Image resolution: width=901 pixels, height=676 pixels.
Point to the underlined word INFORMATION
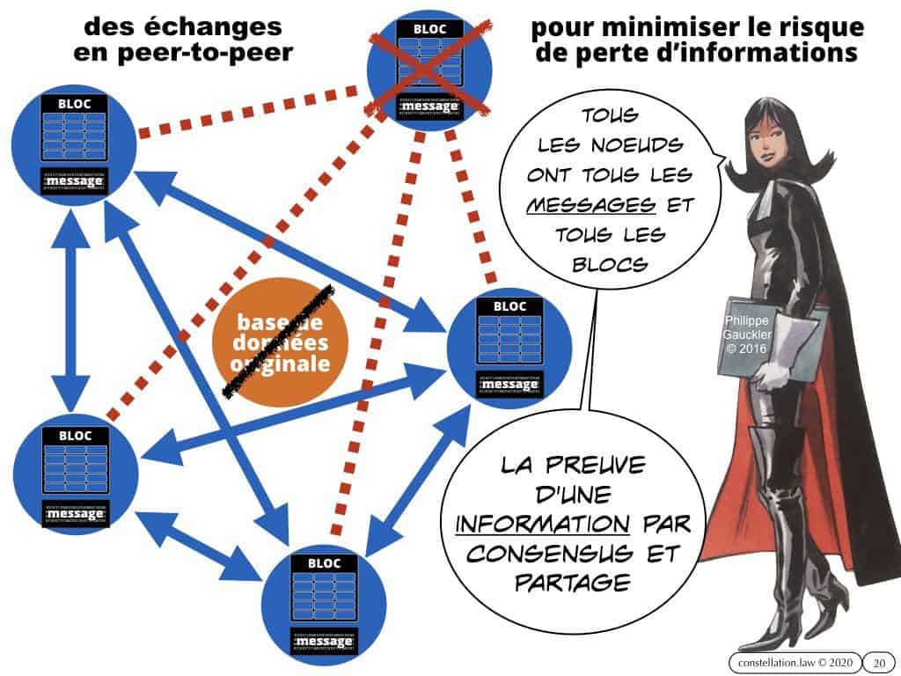coord(543,525)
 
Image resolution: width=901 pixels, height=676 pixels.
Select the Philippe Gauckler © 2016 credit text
coord(743,335)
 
